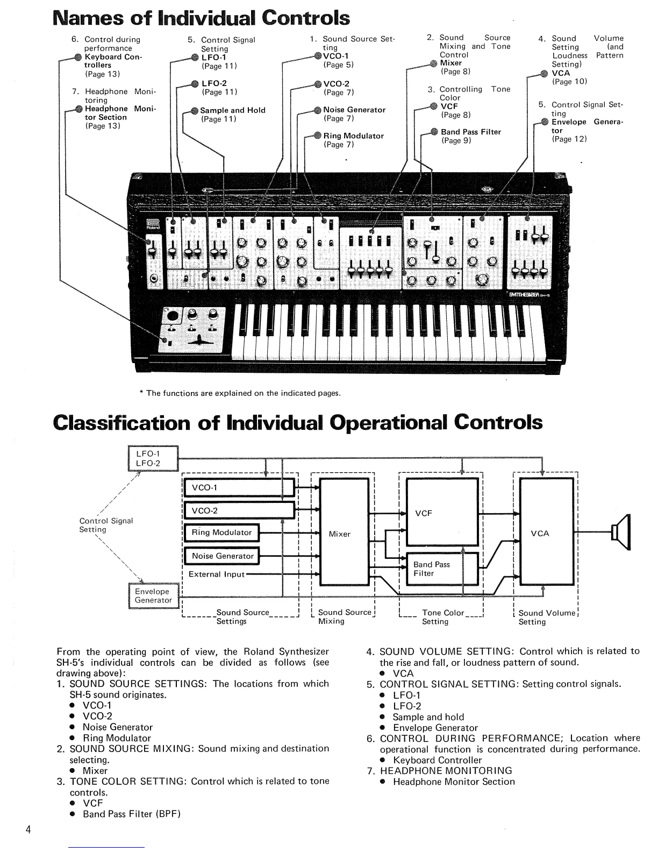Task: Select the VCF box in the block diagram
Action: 441,513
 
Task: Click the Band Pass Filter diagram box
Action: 441,569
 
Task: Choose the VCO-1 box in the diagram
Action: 239,488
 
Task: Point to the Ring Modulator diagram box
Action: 221,532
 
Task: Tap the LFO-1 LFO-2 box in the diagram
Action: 153,458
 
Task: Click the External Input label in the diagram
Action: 216,574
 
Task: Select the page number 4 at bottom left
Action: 27,829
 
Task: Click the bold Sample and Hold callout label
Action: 233,110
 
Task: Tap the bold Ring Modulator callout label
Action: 353,136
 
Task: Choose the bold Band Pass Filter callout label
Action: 470,132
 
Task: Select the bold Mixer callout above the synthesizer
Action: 450,63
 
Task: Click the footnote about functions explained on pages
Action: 240,393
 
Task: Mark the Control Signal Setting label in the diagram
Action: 105,525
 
